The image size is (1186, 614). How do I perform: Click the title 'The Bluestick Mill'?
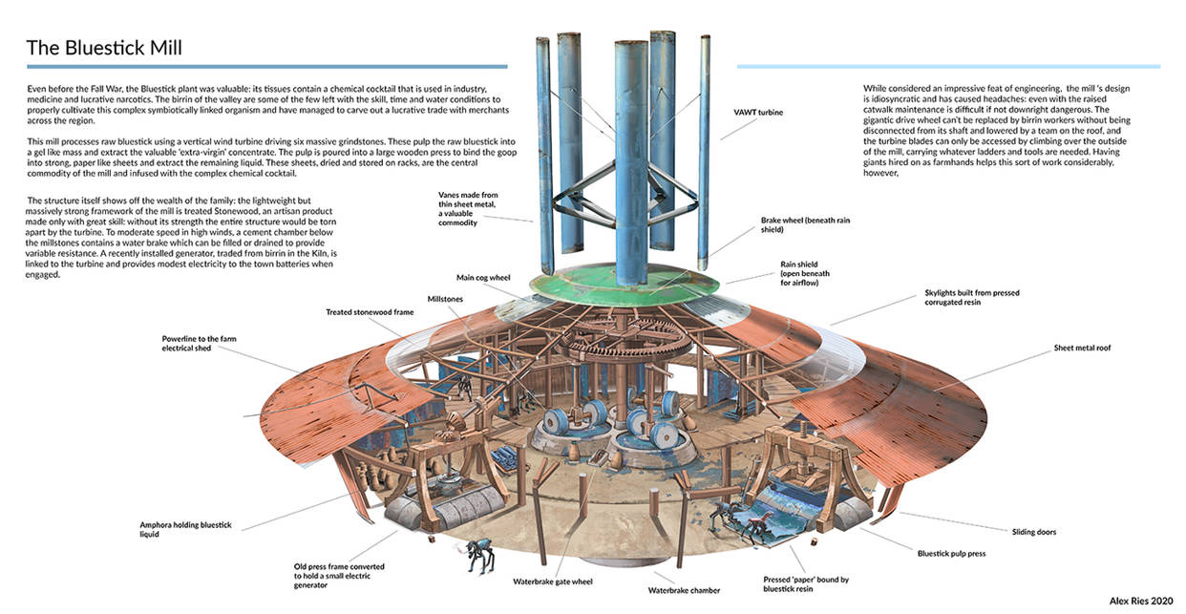click(104, 47)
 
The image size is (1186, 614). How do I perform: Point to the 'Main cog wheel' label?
click(483, 278)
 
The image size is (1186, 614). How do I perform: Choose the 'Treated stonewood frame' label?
click(371, 312)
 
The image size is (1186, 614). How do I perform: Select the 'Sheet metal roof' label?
click(1082, 348)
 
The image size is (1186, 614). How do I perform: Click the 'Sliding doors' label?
click(1035, 531)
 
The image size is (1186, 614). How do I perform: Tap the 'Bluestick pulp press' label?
click(951, 553)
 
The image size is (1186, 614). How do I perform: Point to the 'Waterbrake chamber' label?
click(684, 590)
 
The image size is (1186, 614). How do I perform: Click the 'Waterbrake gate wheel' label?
click(555, 581)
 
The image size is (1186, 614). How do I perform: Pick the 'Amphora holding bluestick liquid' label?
click(185, 529)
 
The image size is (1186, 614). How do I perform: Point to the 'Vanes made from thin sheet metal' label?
click(468, 208)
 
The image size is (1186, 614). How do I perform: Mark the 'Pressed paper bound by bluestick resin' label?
click(806, 583)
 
